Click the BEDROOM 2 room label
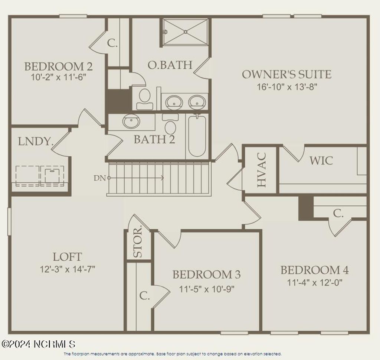click(58, 67)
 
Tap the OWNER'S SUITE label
click(286, 74)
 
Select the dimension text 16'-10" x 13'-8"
click(287, 87)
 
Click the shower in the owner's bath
click(185, 32)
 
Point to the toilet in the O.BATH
click(144, 98)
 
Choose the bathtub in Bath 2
click(197, 136)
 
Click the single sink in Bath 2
click(131, 121)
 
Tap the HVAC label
click(261, 170)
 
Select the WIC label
click(321, 161)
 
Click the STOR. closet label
click(138, 242)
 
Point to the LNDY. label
click(35, 142)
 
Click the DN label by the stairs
click(100, 178)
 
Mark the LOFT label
click(67, 257)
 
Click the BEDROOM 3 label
click(206, 275)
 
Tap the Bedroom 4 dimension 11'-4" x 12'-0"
click(314, 282)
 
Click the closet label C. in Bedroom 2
click(112, 43)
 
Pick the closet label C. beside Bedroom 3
click(144, 296)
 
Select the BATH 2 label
click(154, 140)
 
